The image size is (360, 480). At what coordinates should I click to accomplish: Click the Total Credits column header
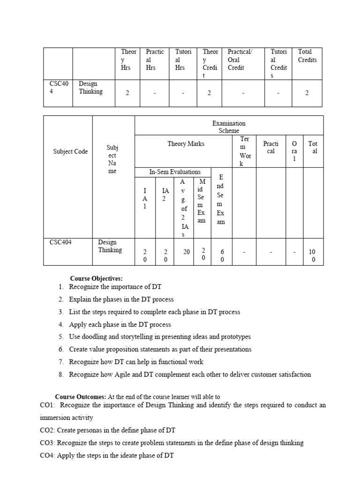[307, 56]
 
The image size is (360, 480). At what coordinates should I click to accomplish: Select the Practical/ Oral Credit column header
[240, 60]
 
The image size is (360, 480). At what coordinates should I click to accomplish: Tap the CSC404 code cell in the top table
[59, 88]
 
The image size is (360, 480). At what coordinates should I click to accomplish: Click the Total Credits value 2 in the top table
[307, 93]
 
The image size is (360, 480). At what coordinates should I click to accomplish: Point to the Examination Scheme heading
[229, 127]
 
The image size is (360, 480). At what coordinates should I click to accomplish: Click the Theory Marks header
[186, 144]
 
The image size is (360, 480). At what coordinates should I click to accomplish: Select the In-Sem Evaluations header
[175, 172]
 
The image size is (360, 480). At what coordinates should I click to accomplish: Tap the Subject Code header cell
[70, 151]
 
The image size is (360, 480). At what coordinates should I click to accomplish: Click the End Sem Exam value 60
[222, 256]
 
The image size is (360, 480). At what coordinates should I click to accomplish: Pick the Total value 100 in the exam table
[313, 256]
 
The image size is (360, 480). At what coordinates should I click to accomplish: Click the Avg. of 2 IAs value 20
[186, 252]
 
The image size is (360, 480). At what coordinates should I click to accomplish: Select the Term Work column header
[245, 151]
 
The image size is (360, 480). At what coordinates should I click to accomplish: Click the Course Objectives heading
[97, 278]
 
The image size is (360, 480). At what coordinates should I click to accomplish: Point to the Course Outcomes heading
[81, 397]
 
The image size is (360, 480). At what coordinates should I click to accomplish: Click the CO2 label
[48, 430]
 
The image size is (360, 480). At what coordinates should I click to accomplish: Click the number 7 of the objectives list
[61, 362]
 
